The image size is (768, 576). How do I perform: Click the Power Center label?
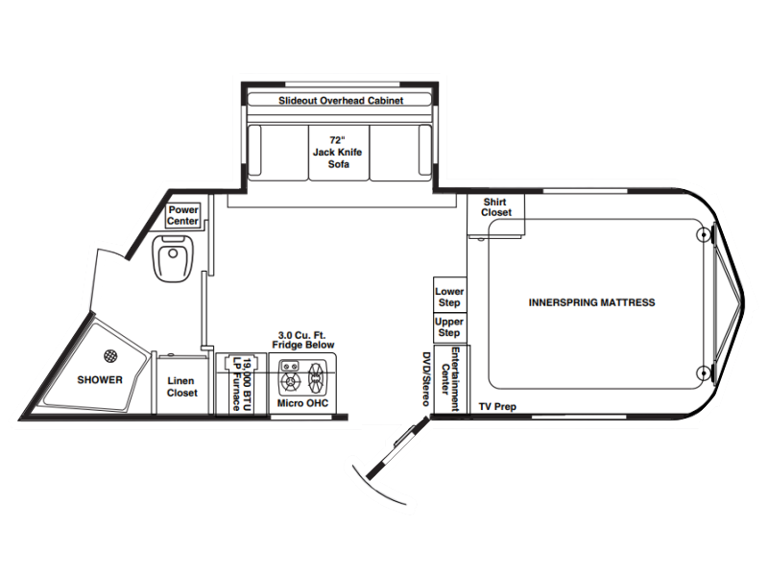(x=183, y=215)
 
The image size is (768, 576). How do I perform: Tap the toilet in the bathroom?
(x=174, y=258)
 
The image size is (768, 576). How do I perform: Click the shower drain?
(x=110, y=356)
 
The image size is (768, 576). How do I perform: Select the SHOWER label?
(x=100, y=379)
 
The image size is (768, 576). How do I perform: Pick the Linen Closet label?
(x=181, y=387)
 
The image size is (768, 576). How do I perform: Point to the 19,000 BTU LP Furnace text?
(x=243, y=384)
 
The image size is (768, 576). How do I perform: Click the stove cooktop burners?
(x=302, y=377)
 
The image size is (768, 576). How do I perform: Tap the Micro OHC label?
(x=302, y=403)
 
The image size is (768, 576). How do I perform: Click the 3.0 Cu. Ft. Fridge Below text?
(x=303, y=340)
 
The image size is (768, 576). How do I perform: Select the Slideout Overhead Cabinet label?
(x=341, y=101)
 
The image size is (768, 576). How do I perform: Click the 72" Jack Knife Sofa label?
(x=338, y=152)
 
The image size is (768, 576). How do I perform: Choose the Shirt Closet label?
(x=495, y=207)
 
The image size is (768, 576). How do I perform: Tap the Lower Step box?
(x=449, y=295)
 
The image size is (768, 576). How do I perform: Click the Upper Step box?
(x=449, y=327)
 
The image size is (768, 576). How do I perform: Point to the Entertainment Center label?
(x=450, y=379)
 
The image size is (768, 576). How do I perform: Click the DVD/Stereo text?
(x=426, y=379)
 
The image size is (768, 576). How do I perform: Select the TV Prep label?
(x=497, y=406)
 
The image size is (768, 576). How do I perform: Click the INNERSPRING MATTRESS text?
(x=591, y=302)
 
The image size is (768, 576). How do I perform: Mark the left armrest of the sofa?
(x=254, y=150)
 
